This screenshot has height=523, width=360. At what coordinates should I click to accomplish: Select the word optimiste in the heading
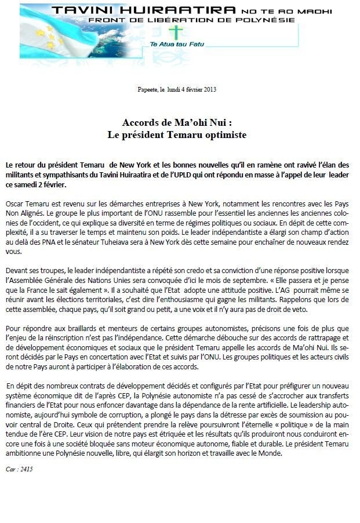coord(223,135)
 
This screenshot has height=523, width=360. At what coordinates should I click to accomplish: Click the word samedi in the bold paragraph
coord(27,184)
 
